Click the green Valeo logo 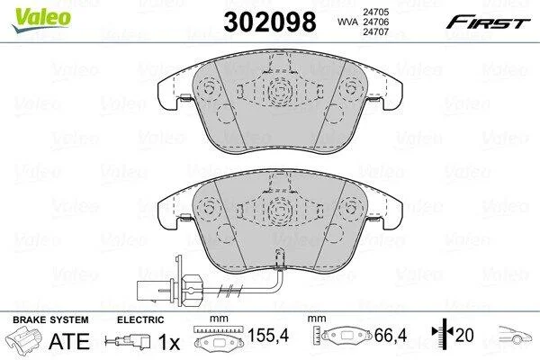[41, 20]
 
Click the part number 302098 [270, 22]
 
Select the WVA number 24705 [375, 12]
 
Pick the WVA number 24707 [375, 31]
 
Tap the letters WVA [348, 22]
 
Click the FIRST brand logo [488, 22]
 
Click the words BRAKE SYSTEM [50, 319]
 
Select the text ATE [69, 341]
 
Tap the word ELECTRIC [140, 319]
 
